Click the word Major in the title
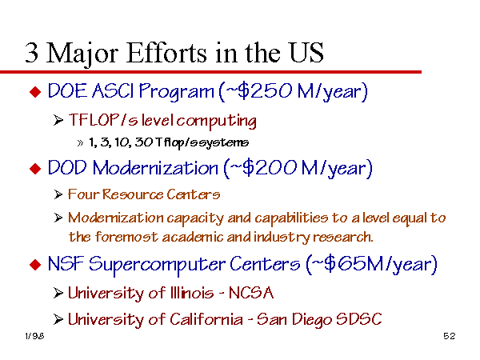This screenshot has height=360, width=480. [x=82, y=54]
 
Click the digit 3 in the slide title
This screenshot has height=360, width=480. [x=32, y=53]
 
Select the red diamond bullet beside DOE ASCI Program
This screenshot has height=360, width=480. [x=35, y=92]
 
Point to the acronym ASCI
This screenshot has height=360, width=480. [x=112, y=91]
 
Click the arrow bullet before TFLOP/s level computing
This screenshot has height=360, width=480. [x=58, y=120]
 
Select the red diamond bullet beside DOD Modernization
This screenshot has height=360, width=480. [x=35, y=169]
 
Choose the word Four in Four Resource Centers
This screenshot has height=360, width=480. [x=82, y=194]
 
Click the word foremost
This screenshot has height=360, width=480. [x=126, y=237]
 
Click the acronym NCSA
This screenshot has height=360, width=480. [x=251, y=293]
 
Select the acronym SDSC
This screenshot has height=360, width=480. [x=359, y=319]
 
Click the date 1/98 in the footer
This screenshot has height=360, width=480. [x=34, y=336]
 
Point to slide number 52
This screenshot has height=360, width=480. [x=450, y=336]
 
